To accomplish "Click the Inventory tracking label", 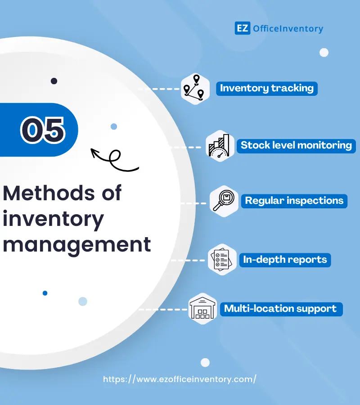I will coord(267,88).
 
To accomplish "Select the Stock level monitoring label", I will coord(296,145).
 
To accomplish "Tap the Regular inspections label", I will coord(294,201).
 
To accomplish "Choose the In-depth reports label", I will coord(285,260).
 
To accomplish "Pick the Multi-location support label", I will coord(280,309).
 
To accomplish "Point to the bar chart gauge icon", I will coord(219,146).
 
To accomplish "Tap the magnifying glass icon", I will coord(224,201).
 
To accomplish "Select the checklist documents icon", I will coord(221,260).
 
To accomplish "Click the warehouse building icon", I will coord(202,309).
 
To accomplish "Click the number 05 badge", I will coord(42,129).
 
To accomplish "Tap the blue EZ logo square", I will coord(242,28).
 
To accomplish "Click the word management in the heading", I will coord(77,245).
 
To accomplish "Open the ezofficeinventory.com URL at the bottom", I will coord(180,379).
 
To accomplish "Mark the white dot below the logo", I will coord(324,53).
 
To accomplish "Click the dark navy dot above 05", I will coord(54,81).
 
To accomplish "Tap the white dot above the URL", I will coord(205,362).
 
